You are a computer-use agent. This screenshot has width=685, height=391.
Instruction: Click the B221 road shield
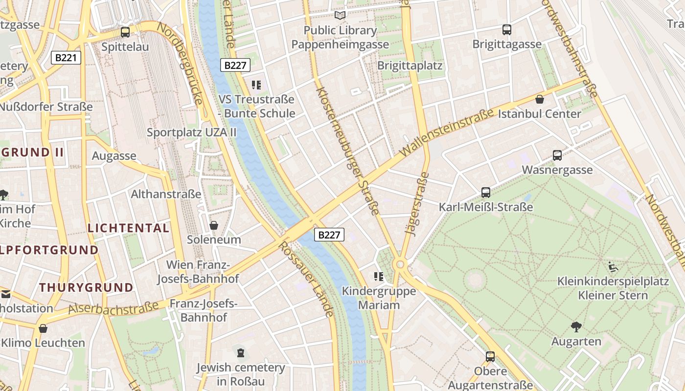click(66, 58)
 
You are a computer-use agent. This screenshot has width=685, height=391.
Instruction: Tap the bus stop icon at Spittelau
click(125, 32)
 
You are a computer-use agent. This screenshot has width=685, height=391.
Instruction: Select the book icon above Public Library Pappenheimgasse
click(340, 15)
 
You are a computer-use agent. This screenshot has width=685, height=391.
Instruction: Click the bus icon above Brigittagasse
click(507, 29)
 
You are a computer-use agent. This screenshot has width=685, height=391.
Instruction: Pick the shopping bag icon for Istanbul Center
click(540, 99)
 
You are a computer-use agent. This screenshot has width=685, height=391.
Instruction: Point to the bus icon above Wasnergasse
click(557, 155)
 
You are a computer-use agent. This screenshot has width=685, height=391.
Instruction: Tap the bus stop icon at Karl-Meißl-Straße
click(485, 193)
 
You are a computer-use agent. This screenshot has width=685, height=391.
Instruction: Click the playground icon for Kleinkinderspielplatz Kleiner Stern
click(613, 267)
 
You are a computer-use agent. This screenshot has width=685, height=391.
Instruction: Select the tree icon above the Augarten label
click(576, 326)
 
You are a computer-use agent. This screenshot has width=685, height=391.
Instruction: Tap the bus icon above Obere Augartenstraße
click(490, 357)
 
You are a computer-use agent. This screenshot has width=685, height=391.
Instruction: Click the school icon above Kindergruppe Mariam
click(378, 277)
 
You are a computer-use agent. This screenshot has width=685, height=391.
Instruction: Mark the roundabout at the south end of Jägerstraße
click(401, 264)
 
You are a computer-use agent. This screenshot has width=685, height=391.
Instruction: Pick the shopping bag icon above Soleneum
click(214, 225)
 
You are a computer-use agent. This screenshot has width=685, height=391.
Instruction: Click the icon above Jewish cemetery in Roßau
click(240, 352)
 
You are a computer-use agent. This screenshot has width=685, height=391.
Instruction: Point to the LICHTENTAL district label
click(128, 228)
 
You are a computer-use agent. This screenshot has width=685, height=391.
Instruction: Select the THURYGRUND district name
click(86, 287)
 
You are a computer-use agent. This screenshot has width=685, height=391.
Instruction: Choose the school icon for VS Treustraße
click(256, 85)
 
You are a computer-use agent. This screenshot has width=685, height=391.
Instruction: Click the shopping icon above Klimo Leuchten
click(43, 328)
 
